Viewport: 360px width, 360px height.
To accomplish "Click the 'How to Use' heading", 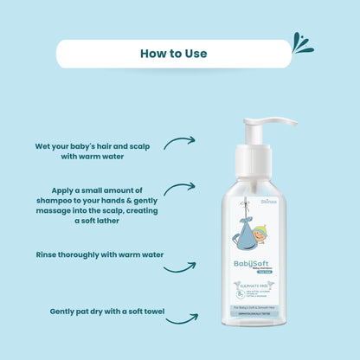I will tap(174, 54).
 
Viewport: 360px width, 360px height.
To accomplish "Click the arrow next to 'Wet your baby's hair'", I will tap(179, 142).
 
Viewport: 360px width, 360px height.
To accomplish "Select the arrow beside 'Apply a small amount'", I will tap(179, 188).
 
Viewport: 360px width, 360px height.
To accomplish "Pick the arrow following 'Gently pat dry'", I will tap(181, 318).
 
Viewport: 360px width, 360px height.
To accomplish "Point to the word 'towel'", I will tap(149, 311).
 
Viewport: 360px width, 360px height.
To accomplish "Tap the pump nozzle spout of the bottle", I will tap(286, 122).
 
